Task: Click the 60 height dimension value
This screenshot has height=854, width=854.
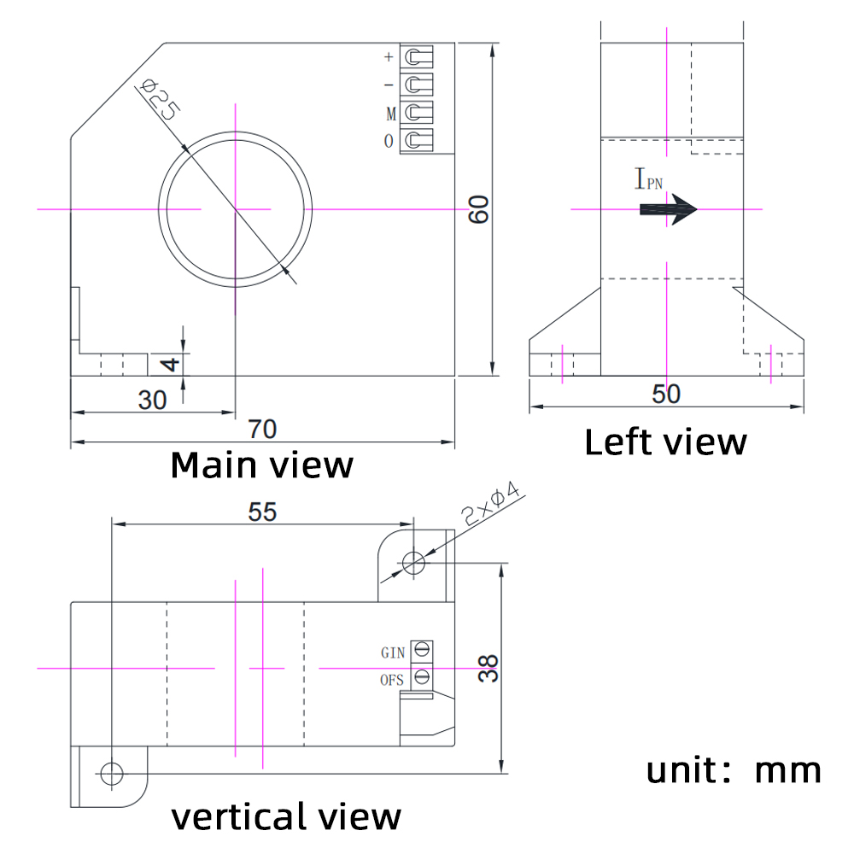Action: pyautogui.click(x=480, y=209)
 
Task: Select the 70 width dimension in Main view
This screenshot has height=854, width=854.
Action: pyautogui.click(x=262, y=429)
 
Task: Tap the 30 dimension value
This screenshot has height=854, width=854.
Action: pyautogui.click(x=152, y=400)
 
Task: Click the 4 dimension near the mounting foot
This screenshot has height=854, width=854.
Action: pyautogui.click(x=171, y=365)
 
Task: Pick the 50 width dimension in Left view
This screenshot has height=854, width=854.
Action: pyautogui.click(x=666, y=394)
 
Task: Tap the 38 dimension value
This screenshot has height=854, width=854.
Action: pyautogui.click(x=488, y=668)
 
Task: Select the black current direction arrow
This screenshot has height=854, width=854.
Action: pyautogui.click(x=668, y=209)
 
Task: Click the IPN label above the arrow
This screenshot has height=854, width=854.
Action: pyautogui.click(x=648, y=179)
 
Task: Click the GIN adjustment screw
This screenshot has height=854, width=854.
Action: pyautogui.click(x=421, y=652)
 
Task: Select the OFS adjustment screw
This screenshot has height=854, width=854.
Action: pyautogui.click(x=421, y=678)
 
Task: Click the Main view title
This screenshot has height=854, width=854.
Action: pyautogui.click(x=261, y=465)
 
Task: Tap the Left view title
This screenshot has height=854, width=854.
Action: pyautogui.click(x=665, y=442)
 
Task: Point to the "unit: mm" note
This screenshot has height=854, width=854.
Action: pyautogui.click(x=733, y=770)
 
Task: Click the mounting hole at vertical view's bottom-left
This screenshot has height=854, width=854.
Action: pyautogui.click(x=111, y=774)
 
